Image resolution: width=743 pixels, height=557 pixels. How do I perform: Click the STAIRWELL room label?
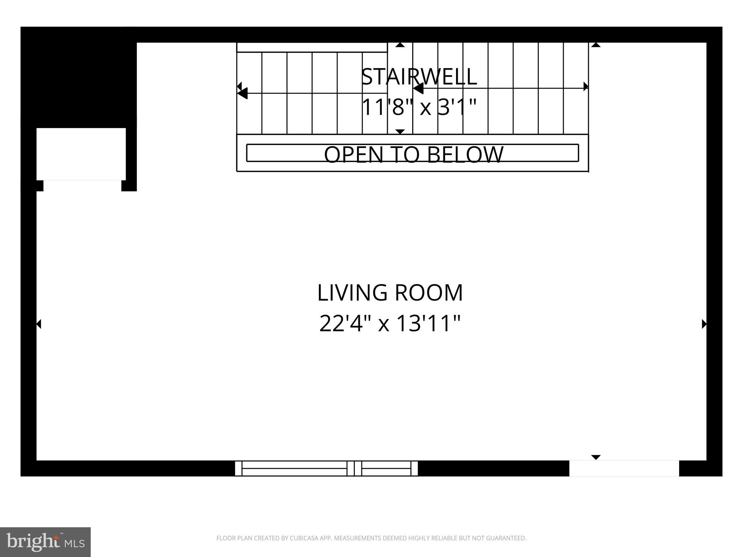419,77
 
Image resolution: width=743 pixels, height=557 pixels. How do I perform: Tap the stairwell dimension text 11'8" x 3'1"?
419,107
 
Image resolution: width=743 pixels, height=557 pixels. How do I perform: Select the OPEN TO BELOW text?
413,154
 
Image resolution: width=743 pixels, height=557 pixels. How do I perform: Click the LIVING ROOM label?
390,293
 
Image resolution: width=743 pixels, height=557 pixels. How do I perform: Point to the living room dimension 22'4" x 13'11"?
390,323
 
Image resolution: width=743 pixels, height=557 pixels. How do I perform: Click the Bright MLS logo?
45,542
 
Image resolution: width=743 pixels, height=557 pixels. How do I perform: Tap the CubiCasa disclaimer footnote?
371,538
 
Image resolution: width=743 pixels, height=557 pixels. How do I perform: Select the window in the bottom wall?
326,468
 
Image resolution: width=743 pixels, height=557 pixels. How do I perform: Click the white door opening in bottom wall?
624,468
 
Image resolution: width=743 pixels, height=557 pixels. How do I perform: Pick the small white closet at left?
81,154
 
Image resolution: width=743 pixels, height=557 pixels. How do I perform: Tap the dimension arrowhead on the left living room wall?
39,324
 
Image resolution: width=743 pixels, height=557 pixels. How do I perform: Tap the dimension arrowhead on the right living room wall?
704,324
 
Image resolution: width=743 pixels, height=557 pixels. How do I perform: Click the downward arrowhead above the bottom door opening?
596,457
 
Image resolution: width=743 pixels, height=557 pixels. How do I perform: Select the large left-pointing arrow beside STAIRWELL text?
418,88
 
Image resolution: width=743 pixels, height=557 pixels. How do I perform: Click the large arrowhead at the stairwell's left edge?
242,93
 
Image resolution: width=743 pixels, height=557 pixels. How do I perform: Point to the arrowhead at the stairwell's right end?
586,87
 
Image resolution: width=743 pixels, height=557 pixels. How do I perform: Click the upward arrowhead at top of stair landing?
400,45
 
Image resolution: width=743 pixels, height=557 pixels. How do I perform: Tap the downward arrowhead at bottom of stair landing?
400,131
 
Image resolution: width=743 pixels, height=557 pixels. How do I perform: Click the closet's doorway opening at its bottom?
82,185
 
